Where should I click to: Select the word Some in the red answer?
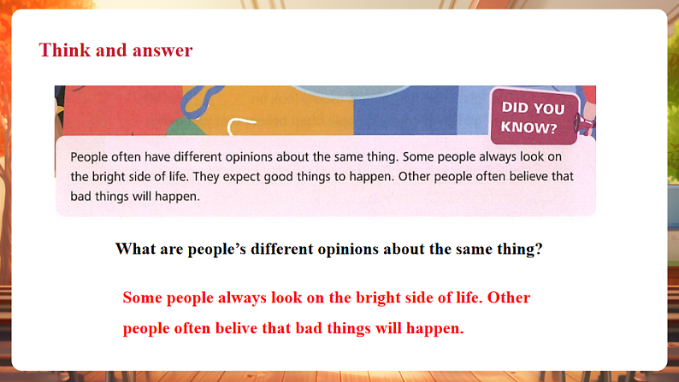pyautogui.click(x=142, y=298)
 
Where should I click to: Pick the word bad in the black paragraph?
pyautogui.click(x=81, y=197)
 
